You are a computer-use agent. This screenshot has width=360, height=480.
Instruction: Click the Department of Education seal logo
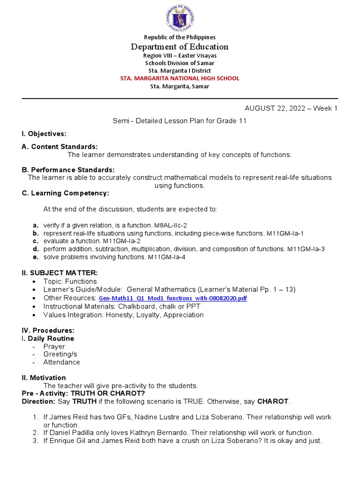pos(180,18)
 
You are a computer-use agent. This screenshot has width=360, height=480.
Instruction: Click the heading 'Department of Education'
pos(180,46)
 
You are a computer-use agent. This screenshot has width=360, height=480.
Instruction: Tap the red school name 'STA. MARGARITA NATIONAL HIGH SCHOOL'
pos(180,78)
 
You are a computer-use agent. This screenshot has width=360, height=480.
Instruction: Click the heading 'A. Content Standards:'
pos(60,147)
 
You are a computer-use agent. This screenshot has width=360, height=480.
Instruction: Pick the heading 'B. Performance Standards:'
pos(68,169)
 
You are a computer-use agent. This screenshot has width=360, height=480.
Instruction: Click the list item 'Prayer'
pos(54,346)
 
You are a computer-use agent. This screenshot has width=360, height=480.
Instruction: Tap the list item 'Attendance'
pos(61,362)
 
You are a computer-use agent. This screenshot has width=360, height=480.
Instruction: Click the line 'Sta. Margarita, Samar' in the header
pos(180,86)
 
